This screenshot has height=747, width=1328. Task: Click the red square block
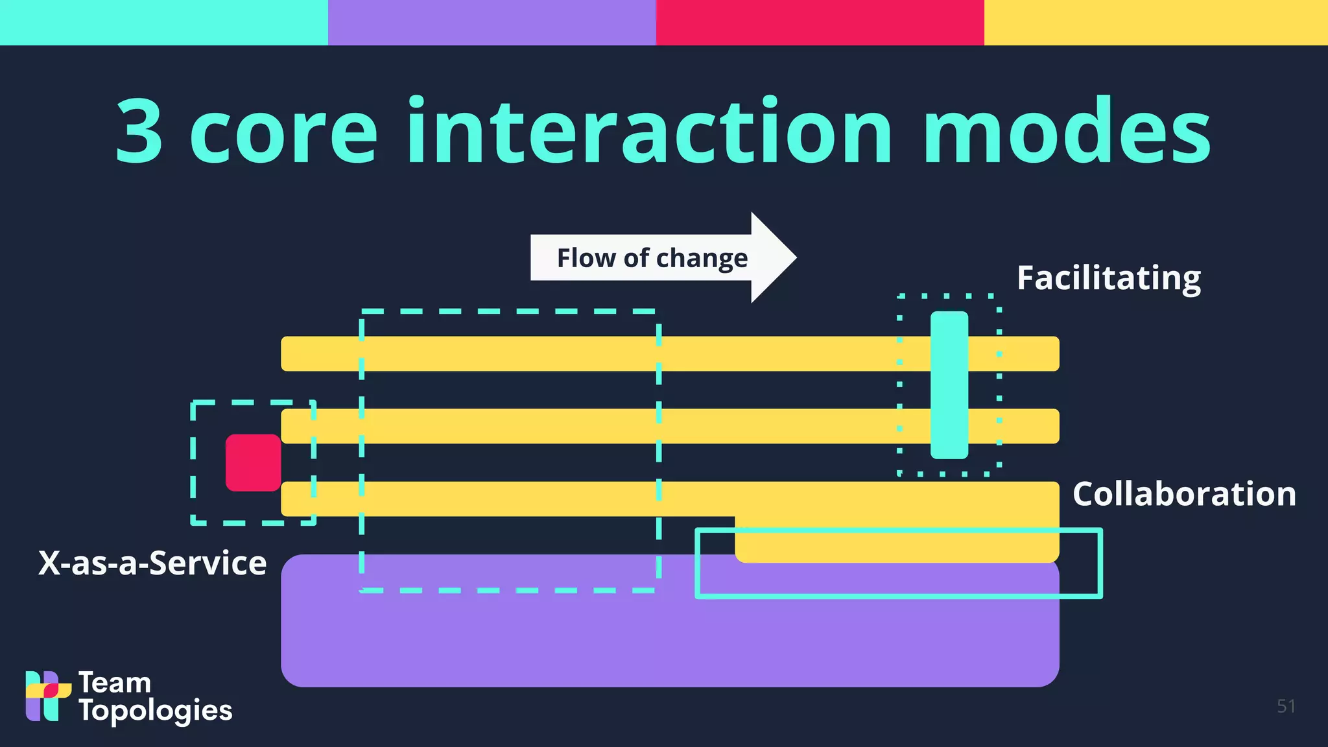tap(253, 462)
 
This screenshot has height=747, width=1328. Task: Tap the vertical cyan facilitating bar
tap(949, 385)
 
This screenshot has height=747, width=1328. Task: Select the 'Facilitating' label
tap(1108, 278)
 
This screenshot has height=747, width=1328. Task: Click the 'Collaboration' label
tap(1184, 494)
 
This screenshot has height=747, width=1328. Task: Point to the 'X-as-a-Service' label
tap(152, 563)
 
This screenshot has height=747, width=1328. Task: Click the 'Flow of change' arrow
tap(661, 257)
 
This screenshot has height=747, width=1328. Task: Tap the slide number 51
tap(1286, 706)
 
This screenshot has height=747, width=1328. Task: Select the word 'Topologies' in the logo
tap(156, 711)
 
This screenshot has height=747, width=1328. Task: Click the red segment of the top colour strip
tap(820, 22)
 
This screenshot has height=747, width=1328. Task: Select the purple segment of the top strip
tap(492, 22)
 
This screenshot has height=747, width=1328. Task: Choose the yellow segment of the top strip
tap(1156, 22)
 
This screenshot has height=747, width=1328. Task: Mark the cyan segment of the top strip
tap(163, 22)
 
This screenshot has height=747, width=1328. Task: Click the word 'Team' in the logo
tap(115, 683)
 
